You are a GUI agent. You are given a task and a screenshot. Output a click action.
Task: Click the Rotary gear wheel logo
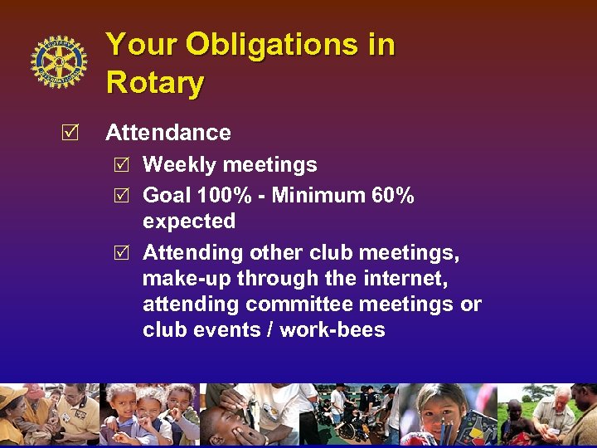pyautogui.click(x=59, y=62)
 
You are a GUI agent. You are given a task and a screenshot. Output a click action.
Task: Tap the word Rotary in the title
pyautogui.click(x=155, y=83)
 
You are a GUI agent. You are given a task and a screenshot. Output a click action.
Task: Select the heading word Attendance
pyautogui.click(x=168, y=133)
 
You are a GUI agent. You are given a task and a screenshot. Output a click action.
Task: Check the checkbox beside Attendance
pyautogui.click(x=71, y=133)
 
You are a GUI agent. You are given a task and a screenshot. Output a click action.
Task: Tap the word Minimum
pyautogui.click(x=319, y=196)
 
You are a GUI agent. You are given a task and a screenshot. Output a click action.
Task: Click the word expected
pyautogui.click(x=189, y=222)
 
